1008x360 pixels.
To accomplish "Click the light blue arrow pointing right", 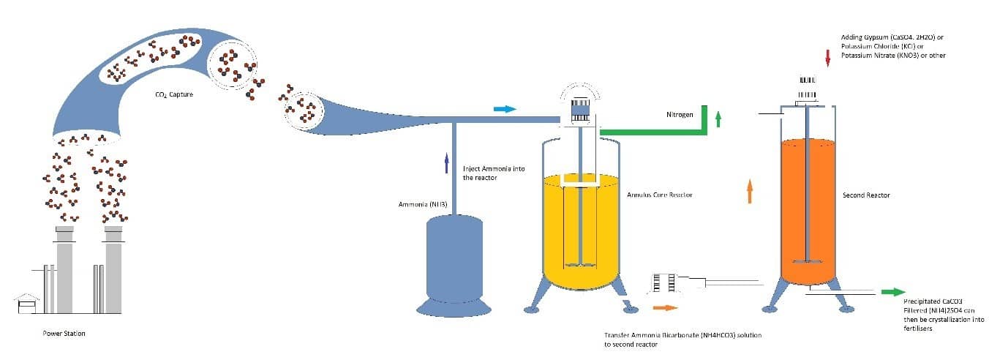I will tap(505, 109).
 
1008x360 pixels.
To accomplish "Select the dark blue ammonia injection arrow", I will tap(446, 162).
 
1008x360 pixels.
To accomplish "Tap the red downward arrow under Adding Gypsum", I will tap(827, 58).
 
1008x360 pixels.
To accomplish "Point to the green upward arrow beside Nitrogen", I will tap(718, 119).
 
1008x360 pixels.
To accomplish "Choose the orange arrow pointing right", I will tap(666, 308).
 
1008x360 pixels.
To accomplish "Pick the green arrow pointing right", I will tap(892, 292).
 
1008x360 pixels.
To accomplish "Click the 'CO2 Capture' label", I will tap(174, 94).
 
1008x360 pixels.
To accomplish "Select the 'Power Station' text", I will tap(64, 334).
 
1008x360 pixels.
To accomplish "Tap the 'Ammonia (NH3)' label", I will tap(418, 204).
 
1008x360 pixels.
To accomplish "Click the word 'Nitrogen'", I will tap(680, 114).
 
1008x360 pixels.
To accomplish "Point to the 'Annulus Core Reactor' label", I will tap(659, 195).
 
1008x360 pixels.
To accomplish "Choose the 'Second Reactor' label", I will tap(866, 195).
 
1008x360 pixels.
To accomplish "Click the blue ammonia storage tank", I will tap(454, 256).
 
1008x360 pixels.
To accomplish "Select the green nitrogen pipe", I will tap(651, 132).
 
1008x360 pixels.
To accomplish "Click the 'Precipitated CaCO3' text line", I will tap(928, 301).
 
